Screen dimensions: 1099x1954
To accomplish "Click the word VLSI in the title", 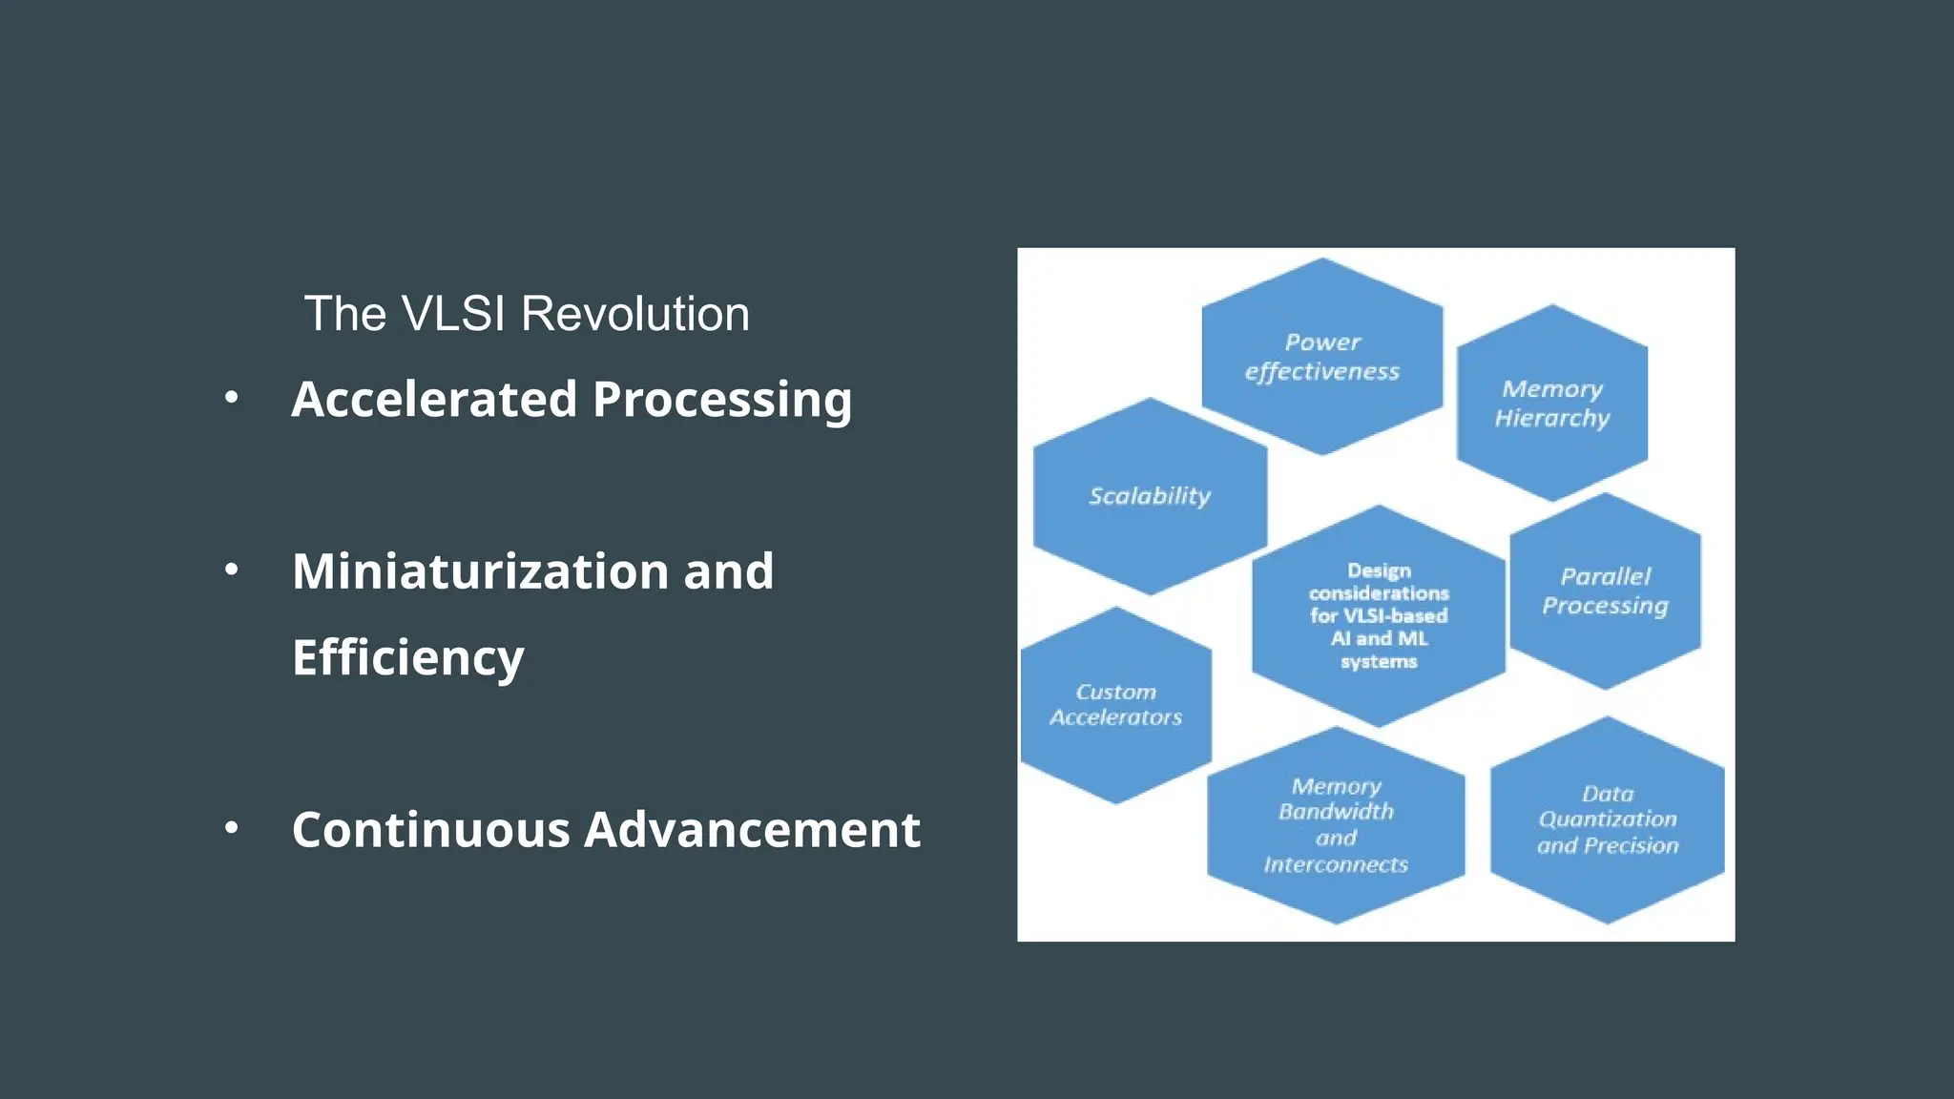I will pos(452,314).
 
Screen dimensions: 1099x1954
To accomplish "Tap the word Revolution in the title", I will pos(634,314).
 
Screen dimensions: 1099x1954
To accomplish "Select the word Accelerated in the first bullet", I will pos(434,399).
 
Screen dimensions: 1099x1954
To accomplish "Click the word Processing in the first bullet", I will pos(721,401).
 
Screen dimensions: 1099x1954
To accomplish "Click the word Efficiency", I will pos(407,657).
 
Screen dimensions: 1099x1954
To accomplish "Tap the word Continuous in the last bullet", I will pos(430,829).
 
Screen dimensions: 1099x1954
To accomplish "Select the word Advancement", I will pos(752,829).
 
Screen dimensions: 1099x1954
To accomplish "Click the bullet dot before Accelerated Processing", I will pos(231,398).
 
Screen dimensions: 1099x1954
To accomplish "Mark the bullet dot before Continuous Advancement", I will pos(231,827).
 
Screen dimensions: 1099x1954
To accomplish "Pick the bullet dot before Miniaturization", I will pos(231,570).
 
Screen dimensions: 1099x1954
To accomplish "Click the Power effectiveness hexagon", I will pos(1321,357).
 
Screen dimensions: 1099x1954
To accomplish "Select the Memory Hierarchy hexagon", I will pos(1551,404).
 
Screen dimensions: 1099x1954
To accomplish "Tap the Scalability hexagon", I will pos(1150,496).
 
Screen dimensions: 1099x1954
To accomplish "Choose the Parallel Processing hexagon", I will pos(1605,591).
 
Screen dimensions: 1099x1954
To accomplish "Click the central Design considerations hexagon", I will pos(1378,615).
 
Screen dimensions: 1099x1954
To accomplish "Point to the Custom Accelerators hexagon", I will pos(1115,705).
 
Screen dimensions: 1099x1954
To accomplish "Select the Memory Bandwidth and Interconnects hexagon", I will pos(1335,825).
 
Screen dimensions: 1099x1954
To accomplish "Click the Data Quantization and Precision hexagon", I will pos(1607,820).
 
